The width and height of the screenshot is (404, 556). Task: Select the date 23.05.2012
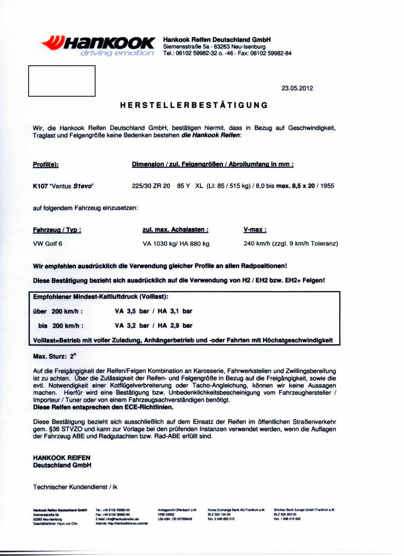coord(297,88)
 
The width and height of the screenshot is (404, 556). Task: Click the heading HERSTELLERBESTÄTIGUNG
coord(194,105)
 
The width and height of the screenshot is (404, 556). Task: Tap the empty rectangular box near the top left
coord(62,81)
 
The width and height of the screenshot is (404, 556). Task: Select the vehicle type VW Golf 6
coord(48,244)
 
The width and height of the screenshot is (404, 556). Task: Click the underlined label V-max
coord(255,230)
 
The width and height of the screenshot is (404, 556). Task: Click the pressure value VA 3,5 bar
coord(132,312)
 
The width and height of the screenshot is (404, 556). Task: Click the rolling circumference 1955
coord(325,186)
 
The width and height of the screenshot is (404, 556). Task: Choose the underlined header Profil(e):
coord(46,164)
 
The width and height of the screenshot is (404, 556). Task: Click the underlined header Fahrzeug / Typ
coord(57,230)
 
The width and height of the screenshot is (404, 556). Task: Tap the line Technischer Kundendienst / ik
coord(78,487)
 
